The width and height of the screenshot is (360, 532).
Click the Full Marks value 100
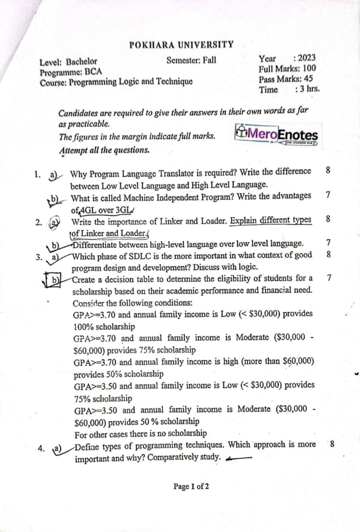pos(310,69)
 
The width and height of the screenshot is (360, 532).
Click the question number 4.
pos(41,450)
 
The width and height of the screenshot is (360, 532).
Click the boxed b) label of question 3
pos(54,281)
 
